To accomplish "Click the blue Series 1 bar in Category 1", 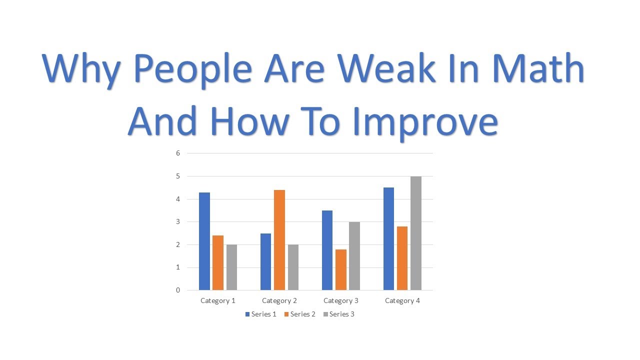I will [204, 241].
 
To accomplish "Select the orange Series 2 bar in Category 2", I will [279, 240].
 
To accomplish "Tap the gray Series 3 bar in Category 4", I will [416, 233].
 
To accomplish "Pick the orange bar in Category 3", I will [341, 269].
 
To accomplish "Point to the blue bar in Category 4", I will [388, 238].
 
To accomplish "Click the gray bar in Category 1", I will [231, 267].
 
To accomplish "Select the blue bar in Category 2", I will [265, 261].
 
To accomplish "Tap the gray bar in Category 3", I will [354, 255].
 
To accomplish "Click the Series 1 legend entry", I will [260, 314].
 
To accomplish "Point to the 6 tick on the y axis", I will [177, 153].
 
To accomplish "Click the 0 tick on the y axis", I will [177, 290].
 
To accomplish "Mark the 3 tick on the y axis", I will [177, 221].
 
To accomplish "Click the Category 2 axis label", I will [279, 300].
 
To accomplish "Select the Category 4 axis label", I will [402, 300].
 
